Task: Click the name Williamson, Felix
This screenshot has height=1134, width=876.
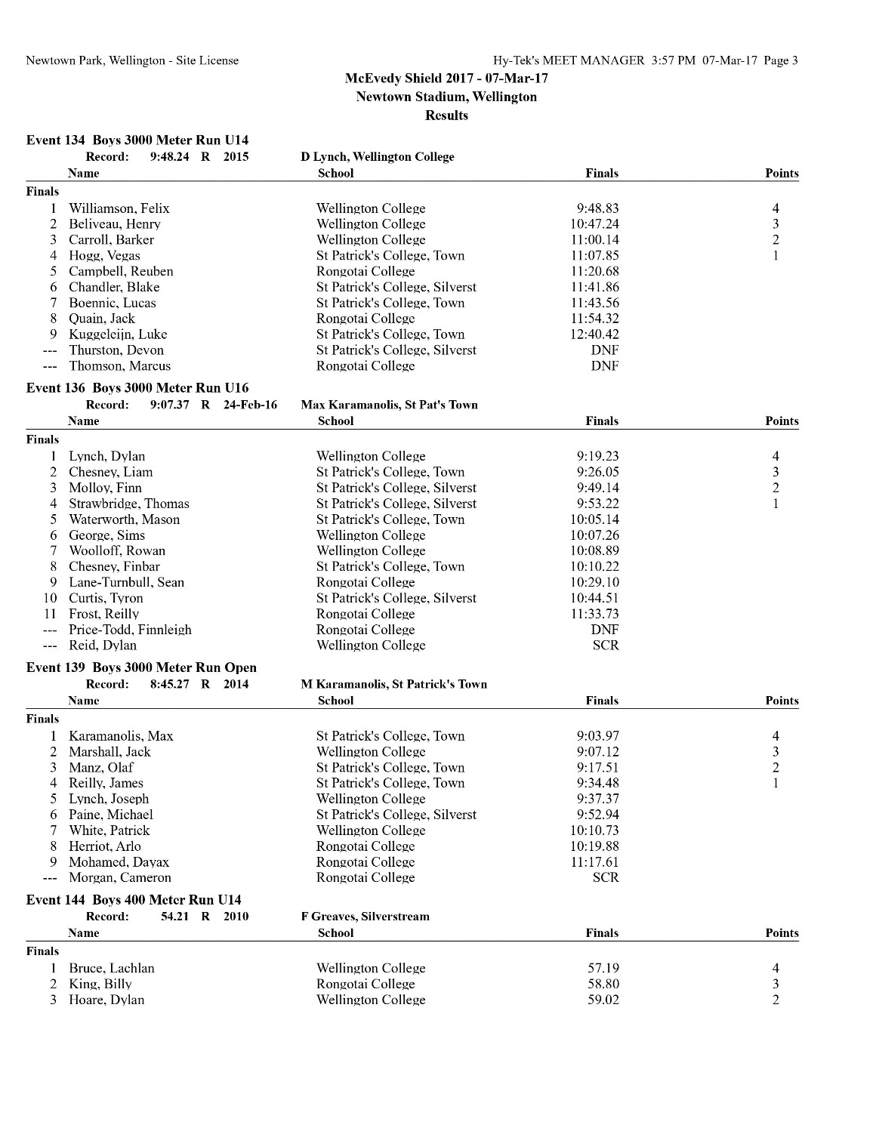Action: [119, 208]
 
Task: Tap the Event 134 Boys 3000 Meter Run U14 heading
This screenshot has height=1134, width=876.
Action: [137, 140]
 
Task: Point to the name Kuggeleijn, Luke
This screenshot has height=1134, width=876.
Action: [118, 334]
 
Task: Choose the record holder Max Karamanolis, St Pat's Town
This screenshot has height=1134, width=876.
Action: [389, 405]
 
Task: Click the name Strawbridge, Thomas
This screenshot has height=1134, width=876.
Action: [129, 504]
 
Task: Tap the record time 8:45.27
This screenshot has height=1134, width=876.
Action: [170, 684]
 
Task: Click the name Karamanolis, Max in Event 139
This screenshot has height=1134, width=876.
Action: [121, 736]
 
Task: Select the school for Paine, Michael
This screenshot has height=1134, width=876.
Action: [396, 815]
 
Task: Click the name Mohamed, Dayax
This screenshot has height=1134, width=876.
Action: [119, 862]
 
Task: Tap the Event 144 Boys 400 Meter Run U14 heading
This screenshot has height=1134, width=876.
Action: [134, 900]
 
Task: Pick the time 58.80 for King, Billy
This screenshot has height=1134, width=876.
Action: [603, 985]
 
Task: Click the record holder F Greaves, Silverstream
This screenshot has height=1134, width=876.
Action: [365, 917]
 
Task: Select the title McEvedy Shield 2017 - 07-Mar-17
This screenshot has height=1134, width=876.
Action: [446, 78]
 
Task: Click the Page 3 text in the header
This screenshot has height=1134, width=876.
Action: [780, 60]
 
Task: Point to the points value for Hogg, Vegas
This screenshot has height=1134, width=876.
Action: [776, 256]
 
